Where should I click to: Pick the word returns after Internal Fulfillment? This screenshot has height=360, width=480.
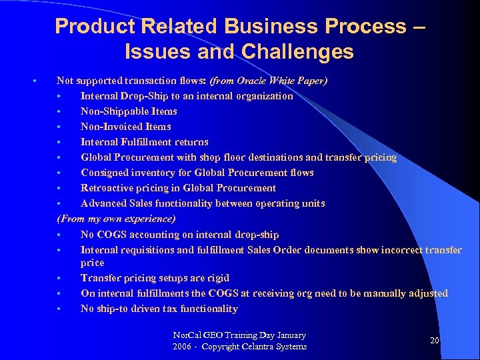192,142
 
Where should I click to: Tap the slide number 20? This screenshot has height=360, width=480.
434,341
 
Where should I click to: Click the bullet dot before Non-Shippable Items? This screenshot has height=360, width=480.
60,111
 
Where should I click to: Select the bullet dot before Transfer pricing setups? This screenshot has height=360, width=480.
60,278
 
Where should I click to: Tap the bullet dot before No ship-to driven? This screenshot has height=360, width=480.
60,309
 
